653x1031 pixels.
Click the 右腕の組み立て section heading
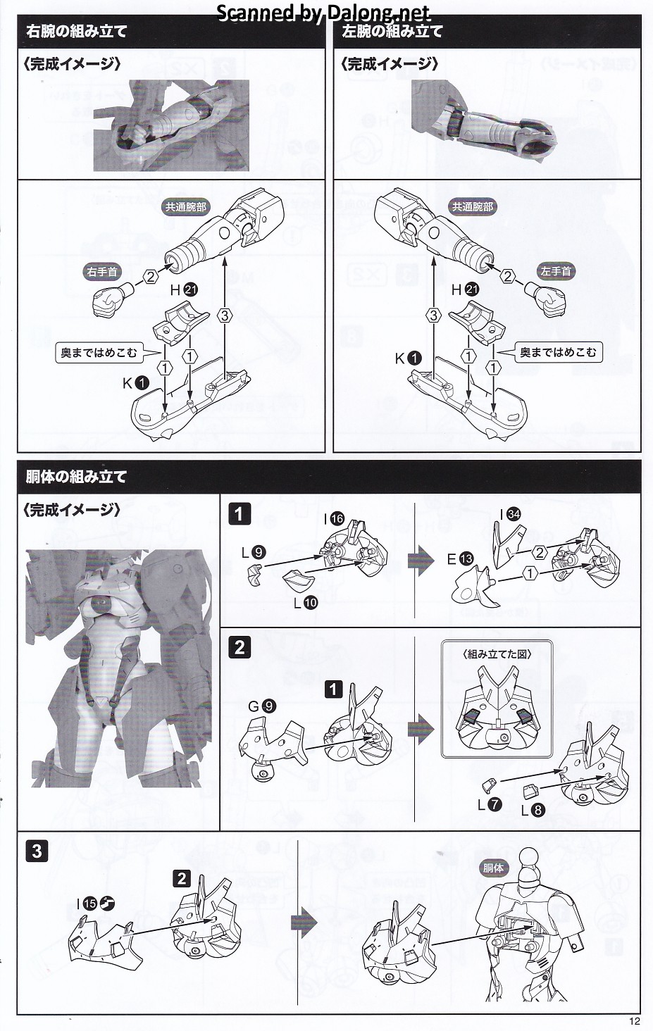coord(76,32)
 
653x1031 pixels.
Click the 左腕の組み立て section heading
coord(392,32)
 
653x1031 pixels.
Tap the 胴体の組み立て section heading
coord(76,477)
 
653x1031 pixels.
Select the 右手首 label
coord(103,271)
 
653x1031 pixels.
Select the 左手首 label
coord(556,271)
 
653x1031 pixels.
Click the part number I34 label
coord(509,515)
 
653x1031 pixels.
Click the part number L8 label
coord(533,810)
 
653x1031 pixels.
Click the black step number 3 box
coord(37,851)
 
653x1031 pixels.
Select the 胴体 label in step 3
coord(493,868)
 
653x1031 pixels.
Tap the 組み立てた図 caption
coord(497,654)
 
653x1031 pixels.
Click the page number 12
coord(635,1021)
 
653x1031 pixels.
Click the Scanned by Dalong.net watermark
coord(323,13)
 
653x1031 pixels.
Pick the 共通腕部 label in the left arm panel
coord(473,207)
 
